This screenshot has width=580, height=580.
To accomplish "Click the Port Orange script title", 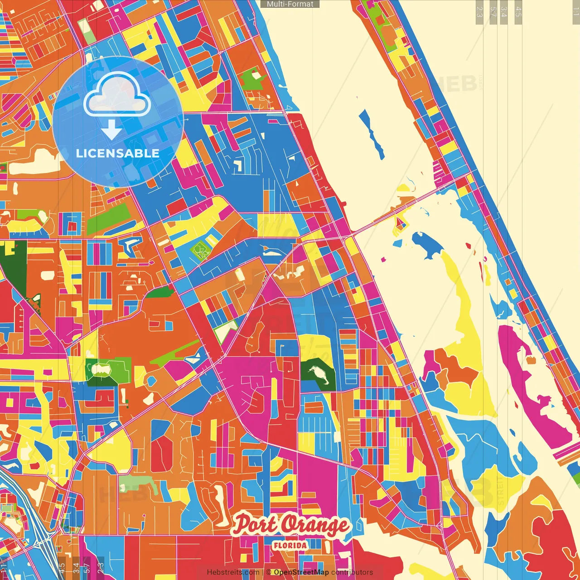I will point(291,525).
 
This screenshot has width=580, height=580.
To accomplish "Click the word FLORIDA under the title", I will point(290,546).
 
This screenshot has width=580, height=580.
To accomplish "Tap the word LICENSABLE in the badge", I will point(117,153).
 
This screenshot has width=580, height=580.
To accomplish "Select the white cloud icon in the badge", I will point(117,94).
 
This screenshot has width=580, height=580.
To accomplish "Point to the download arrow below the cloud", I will point(111,129).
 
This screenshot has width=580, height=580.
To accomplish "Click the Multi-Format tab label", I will point(290,4).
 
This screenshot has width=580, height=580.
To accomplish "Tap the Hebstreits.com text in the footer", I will point(233,572).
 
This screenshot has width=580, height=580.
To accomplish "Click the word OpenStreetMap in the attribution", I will point(301,572).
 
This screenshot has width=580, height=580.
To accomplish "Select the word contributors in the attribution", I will point(352,572).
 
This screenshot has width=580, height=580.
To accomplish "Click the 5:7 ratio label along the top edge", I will point(493,11).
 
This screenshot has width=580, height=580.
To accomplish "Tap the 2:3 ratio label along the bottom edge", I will point(101,567).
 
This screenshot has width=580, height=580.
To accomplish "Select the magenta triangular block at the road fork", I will point(272,290).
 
